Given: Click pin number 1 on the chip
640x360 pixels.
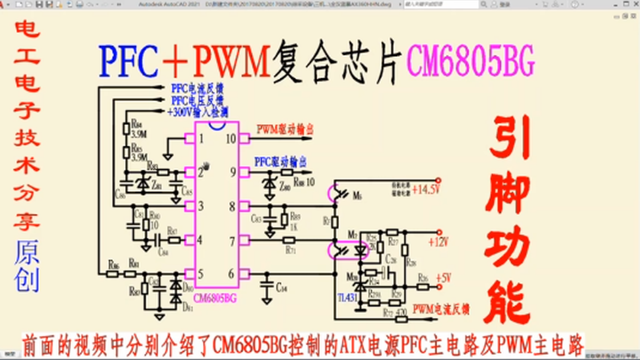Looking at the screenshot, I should click(x=201, y=138).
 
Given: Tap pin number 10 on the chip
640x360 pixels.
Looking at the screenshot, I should click(x=230, y=138).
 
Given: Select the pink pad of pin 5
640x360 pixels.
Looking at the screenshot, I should click(x=189, y=273).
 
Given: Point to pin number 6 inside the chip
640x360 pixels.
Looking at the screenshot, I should click(x=231, y=273).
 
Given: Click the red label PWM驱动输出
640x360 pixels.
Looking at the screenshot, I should click(x=285, y=129).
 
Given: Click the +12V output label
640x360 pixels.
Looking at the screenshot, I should click(x=438, y=243).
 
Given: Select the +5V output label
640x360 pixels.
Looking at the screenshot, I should click(x=443, y=278).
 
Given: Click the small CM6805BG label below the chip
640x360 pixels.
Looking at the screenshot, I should click(x=215, y=298).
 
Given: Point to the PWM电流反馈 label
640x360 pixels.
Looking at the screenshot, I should click(x=441, y=309).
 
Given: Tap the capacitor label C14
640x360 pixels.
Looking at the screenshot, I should click(x=281, y=287).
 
